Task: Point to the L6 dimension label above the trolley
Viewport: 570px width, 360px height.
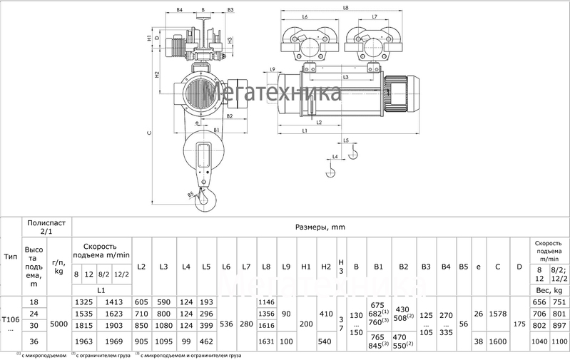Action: (x=305, y=16)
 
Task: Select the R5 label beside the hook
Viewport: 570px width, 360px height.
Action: (x=190, y=194)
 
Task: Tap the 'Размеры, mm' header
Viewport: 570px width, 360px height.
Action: (x=319, y=227)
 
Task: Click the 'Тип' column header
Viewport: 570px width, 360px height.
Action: (x=11, y=256)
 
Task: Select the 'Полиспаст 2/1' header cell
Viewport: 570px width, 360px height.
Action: (x=48, y=227)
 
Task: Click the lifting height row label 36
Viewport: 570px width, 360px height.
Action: (x=34, y=341)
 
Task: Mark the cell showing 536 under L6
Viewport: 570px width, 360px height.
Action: (x=226, y=323)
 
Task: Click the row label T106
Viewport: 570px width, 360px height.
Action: (x=11, y=322)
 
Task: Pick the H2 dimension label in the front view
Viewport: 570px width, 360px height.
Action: (x=156, y=74)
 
